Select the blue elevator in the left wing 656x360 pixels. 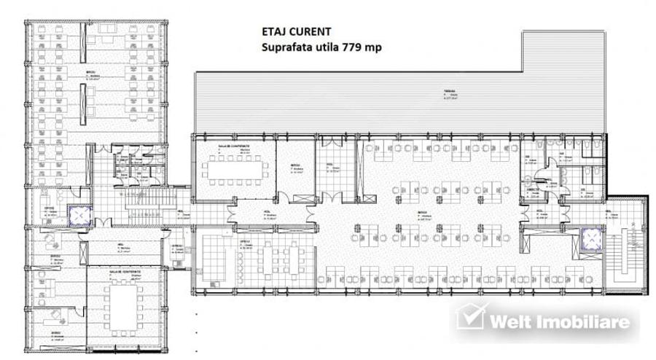pyautogui.click(x=77, y=214)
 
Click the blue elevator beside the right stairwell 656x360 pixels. pyautogui.click(x=590, y=238)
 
